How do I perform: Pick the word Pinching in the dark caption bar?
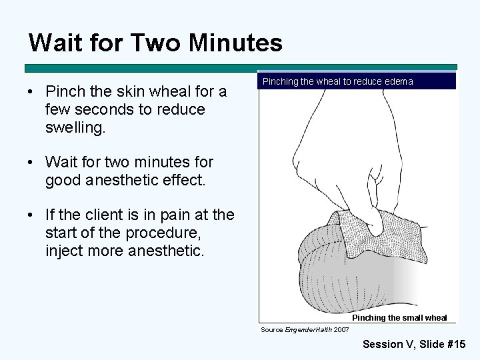pyautogui.click(x=280, y=81)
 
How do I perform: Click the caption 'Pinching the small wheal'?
pyautogui.click(x=399, y=318)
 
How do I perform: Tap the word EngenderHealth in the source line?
pyautogui.click(x=309, y=330)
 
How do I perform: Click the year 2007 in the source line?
pyautogui.click(x=341, y=330)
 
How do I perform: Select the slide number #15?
pyautogui.click(x=457, y=345)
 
